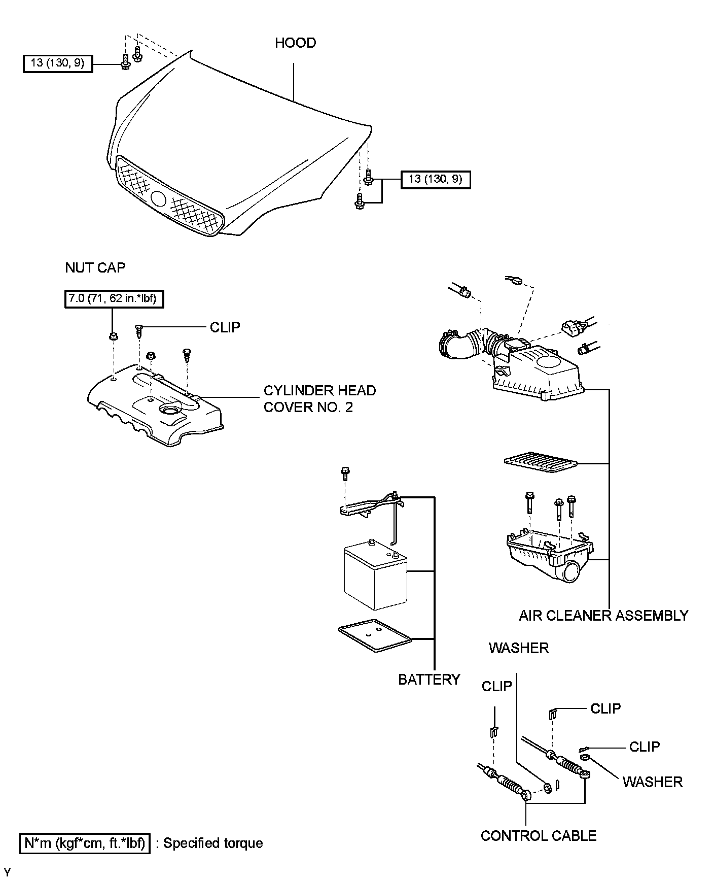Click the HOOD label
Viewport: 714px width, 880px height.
[295, 43]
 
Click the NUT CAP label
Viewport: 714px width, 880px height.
[95, 267]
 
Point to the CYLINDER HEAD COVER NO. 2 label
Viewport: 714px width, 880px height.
[319, 398]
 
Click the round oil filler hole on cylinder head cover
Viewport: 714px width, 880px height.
[167, 410]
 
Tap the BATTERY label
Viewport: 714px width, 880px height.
[429, 679]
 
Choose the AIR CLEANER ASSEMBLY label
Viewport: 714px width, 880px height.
[603, 616]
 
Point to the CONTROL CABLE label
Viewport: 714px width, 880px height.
[538, 835]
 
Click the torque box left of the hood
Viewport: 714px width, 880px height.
[58, 63]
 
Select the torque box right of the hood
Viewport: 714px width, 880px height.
[435, 179]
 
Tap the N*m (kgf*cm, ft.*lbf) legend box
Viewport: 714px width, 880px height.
[85, 843]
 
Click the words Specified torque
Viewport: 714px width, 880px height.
[213, 843]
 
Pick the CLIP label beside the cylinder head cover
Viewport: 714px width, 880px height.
[225, 327]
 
